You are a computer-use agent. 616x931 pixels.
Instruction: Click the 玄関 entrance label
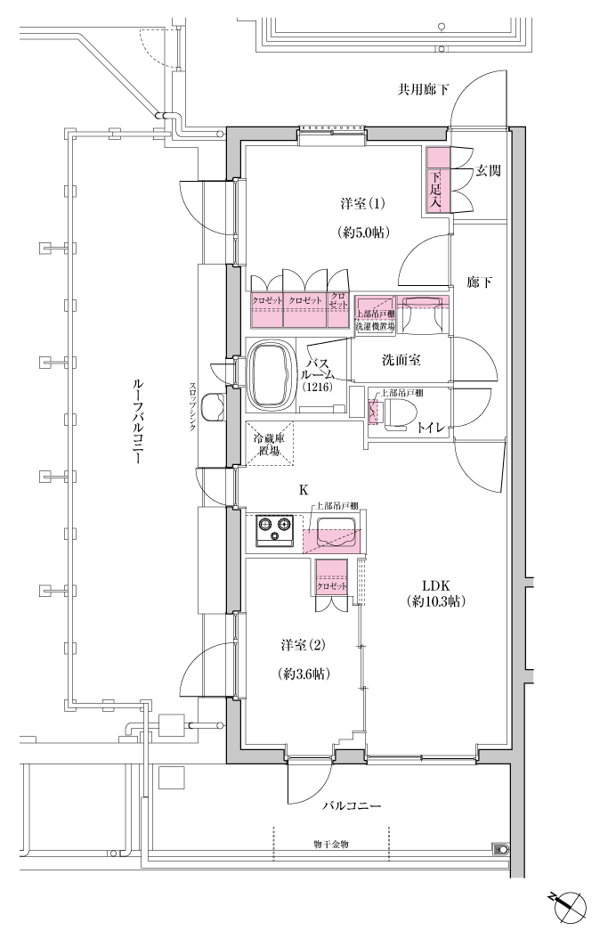pyautogui.click(x=488, y=171)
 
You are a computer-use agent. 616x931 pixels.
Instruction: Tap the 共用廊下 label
pyautogui.click(x=423, y=90)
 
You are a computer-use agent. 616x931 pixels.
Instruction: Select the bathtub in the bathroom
pyautogui.click(x=272, y=374)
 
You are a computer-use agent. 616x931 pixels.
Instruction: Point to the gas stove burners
pyautogui.click(x=275, y=529)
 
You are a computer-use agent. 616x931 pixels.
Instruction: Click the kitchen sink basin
pyautogui.click(x=336, y=530)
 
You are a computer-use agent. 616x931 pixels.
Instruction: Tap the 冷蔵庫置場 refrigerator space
pyautogui.click(x=270, y=444)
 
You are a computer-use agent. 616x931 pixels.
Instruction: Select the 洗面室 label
pyautogui.click(x=401, y=360)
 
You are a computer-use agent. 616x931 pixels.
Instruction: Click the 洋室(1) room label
pyautogui.click(x=363, y=204)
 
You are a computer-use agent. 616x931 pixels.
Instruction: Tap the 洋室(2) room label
pyautogui.click(x=304, y=644)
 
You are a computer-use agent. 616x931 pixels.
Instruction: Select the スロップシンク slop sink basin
pyautogui.click(x=213, y=407)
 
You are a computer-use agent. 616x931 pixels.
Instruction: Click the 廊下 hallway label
pyautogui.click(x=480, y=282)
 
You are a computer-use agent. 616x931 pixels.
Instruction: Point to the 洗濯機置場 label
pyautogui.click(x=371, y=326)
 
